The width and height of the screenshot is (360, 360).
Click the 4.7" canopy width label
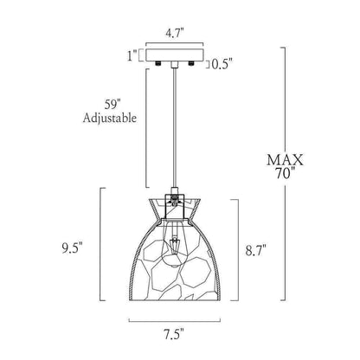175,34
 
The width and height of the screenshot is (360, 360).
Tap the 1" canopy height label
132,55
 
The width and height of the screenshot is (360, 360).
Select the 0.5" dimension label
222,65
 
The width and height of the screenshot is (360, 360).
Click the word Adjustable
110,118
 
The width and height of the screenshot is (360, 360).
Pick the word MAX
285,160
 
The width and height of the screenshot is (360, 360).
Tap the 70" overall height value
286,173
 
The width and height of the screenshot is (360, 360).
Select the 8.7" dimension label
255,250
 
